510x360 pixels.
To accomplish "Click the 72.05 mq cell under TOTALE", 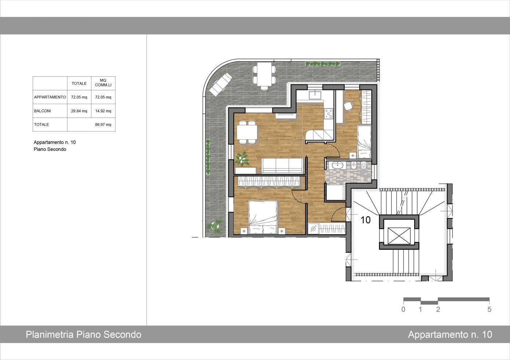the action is (79, 97).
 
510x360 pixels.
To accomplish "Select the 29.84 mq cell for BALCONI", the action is (79, 111).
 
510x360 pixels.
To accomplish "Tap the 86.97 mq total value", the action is (103, 125).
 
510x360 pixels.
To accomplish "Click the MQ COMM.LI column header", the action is (103, 83).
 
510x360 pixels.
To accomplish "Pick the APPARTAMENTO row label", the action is (50, 97).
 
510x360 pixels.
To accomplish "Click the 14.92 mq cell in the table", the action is (103, 111).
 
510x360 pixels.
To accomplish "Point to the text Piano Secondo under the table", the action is (50, 149).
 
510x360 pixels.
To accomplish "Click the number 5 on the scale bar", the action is (489, 309).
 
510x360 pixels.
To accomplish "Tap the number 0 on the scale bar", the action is (403, 309).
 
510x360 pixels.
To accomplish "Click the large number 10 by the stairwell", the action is (366, 220).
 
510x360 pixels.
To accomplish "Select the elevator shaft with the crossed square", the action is (399, 236).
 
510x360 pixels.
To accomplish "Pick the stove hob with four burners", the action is (329, 114).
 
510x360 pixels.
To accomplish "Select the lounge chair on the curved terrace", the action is (221, 84).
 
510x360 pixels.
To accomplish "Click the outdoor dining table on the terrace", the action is (264, 74).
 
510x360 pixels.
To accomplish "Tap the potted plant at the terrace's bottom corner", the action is (214, 226).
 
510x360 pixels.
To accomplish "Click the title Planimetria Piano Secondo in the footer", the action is (83, 335).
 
